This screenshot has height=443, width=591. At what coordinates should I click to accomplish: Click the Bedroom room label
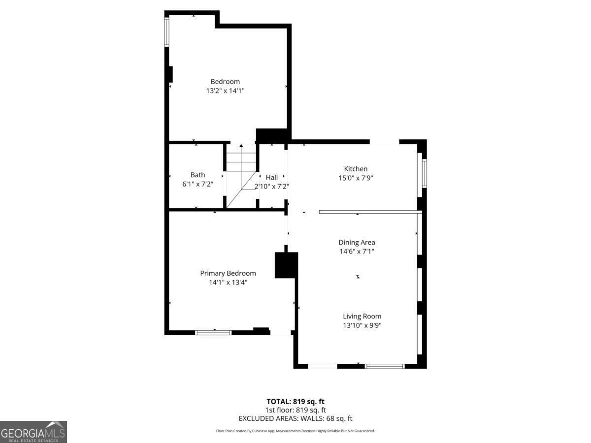[225, 82]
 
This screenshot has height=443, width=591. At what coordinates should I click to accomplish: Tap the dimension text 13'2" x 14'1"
[225, 91]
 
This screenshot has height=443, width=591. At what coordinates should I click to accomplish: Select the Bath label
[197, 175]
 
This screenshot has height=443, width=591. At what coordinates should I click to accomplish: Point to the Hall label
[271, 177]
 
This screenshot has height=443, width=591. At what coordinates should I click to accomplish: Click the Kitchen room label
[356, 169]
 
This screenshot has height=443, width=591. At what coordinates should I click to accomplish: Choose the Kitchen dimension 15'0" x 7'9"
[356, 178]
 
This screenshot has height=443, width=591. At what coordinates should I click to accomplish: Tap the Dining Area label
[357, 242]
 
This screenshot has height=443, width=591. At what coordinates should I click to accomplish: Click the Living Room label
[362, 316]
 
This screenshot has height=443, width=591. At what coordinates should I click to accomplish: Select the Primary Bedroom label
[228, 273]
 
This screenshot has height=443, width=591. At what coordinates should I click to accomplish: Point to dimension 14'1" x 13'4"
[228, 283]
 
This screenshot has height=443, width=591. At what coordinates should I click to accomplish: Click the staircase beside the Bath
[241, 175]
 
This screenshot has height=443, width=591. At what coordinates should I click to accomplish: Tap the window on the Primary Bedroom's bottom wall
[213, 333]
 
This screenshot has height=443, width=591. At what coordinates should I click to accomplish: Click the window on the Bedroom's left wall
[166, 32]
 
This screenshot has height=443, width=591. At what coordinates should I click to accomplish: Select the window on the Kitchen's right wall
[424, 173]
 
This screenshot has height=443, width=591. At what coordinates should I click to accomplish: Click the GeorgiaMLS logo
[33, 432]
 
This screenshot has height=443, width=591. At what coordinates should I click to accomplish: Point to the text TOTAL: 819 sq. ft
[295, 401]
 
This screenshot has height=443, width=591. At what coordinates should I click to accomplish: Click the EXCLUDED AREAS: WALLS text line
[295, 418]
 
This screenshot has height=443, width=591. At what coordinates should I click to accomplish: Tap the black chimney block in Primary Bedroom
[286, 265]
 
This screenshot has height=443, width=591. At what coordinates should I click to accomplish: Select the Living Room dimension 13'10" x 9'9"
[362, 325]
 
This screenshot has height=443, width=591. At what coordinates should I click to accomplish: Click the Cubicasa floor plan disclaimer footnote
[295, 431]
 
